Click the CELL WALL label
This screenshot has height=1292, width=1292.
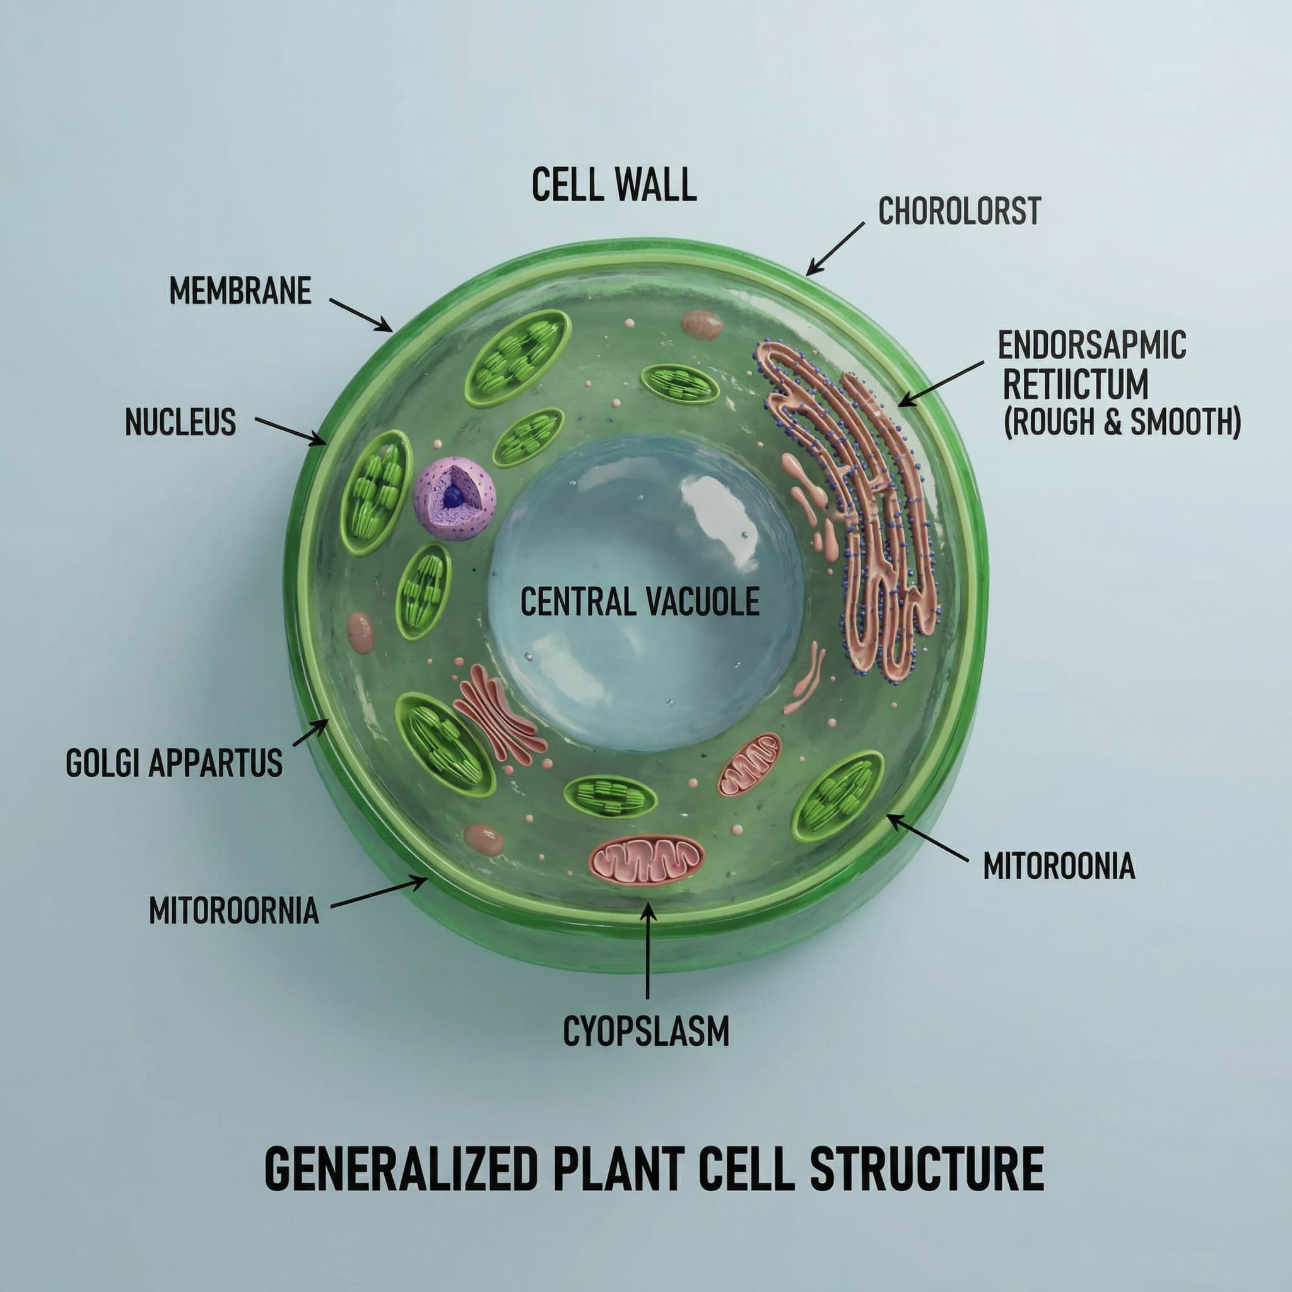pyautogui.click(x=614, y=185)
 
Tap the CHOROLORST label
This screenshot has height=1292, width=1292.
pyautogui.click(x=959, y=211)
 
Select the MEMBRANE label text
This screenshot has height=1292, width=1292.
pyautogui.click(x=240, y=291)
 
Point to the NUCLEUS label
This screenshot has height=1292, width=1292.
pyautogui.click(x=180, y=423)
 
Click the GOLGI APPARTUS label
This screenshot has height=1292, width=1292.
pyautogui.click(x=174, y=764)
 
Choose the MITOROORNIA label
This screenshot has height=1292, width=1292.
pyautogui.click(x=233, y=911)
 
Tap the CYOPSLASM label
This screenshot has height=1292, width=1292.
pyautogui.click(x=646, y=1031)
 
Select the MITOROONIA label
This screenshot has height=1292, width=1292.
pyautogui.click(x=1059, y=866)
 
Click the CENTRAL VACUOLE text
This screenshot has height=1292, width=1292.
pyautogui.click(x=640, y=601)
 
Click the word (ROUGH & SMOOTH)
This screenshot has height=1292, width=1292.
pyautogui.click(x=1122, y=423)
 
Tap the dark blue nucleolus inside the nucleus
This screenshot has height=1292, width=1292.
pyautogui.click(x=454, y=495)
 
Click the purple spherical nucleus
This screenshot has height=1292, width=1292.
pyautogui.click(x=454, y=498)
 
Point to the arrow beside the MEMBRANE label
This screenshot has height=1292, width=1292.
pyautogui.click(x=360, y=314)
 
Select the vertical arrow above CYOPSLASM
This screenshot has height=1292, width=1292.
pyautogui.click(x=647, y=949)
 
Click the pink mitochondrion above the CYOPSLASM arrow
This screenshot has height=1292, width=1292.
pyautogui.click(x=646, y=859)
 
